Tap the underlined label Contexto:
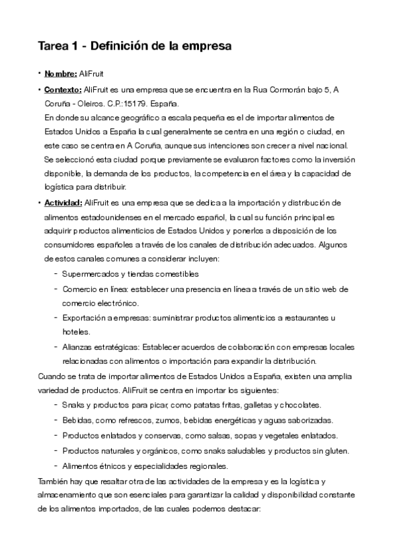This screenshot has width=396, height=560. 63,89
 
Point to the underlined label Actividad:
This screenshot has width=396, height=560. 63,201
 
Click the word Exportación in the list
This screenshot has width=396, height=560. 83,318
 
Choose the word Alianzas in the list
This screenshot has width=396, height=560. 77,347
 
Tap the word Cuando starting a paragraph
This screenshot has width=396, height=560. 54,376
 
